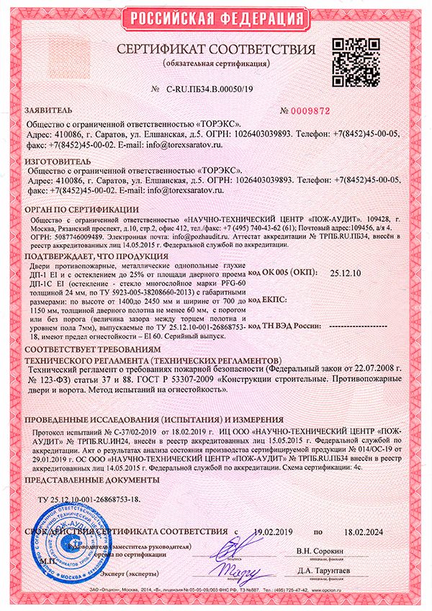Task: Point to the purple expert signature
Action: [230, 571]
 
